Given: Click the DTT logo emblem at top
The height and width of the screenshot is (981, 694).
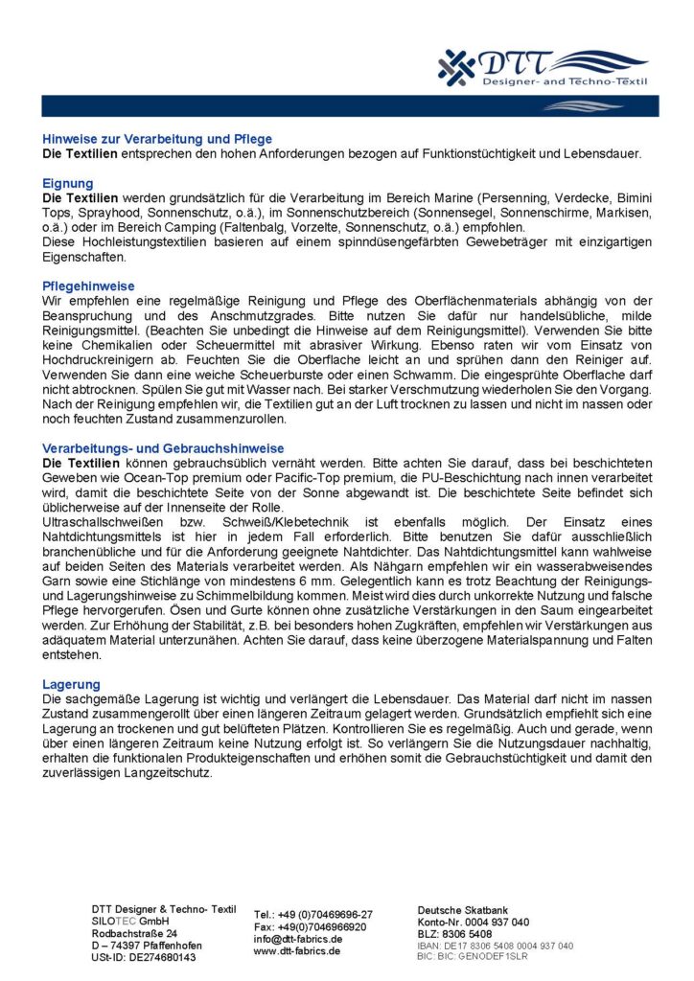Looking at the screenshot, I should coord(457,66).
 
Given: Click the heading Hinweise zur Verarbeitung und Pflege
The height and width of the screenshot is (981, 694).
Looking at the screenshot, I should coord(157,139).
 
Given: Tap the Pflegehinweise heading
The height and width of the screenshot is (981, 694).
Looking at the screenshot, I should coord(88,285).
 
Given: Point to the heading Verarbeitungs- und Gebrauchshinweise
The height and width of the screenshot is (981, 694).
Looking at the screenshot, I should coord(163,447).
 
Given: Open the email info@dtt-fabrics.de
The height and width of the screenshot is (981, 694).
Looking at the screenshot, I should coord(298,939).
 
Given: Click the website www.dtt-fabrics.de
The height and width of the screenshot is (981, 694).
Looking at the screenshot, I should coord(298,951).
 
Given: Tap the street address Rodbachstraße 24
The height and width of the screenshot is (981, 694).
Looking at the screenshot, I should coord(134,932).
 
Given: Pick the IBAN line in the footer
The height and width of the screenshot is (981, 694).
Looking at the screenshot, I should coord(495,946).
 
